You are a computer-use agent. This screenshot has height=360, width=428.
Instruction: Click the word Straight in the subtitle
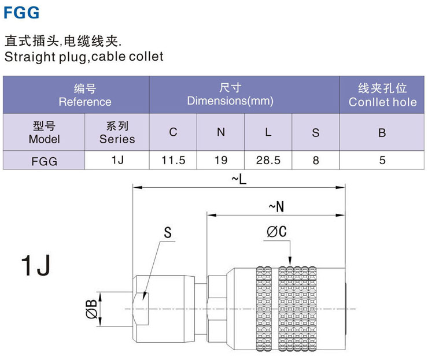tap(26, 57)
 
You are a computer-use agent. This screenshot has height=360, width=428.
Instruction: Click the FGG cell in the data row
tap(44, 161)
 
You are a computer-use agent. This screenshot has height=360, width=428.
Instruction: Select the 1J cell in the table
tap(117, 160)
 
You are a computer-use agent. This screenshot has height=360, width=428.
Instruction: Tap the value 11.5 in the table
tap(173, 160)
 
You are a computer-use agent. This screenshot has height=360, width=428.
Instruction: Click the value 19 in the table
tap(220, 160)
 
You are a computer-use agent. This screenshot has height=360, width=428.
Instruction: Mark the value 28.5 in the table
tap(268, 160)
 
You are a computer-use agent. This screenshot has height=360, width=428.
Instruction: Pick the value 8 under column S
tap(315, 160)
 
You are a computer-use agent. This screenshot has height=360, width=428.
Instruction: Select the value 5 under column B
tap(382, 160)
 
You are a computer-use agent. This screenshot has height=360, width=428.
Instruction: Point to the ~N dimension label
tap(276, 207)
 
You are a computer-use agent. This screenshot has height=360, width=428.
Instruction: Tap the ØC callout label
tap(277, 232)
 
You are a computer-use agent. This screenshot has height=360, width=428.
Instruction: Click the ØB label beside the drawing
tap(90, 310)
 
